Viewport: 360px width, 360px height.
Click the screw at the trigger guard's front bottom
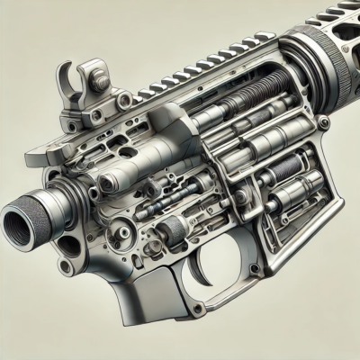pyautogui.click(x=197, y=309)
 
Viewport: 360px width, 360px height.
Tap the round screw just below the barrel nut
pyautogui.click(x=323, y=121)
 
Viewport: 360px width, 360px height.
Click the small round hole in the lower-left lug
pyautogui.click(x=64, y=266)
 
